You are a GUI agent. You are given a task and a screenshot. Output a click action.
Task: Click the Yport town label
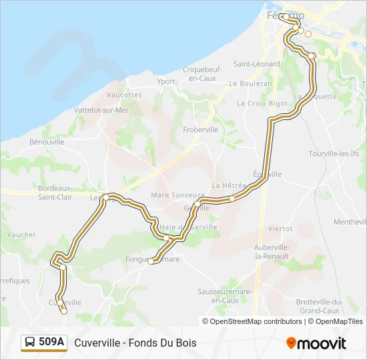tap(166, 82)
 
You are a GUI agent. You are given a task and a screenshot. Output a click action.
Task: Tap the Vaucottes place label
tap(124, 95)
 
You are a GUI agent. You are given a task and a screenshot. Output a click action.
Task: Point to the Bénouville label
tap(47, 142)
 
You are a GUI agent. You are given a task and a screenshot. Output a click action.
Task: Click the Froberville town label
tap(201, 130)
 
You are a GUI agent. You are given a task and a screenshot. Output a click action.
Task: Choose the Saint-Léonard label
tap(256, 64)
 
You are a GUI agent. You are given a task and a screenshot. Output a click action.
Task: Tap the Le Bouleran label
tap(250, 84)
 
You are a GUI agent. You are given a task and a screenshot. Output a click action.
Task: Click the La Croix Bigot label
tap(262, 103)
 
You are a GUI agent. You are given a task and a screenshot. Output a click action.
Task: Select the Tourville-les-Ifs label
tap(334, 153)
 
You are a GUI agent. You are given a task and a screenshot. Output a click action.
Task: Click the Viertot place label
tap(280, 228)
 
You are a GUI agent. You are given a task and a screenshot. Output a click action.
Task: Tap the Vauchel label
tap(21, 235)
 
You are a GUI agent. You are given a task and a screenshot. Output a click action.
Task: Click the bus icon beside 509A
tap(29, 343)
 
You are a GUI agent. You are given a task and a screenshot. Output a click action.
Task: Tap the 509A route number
tap(51, 343)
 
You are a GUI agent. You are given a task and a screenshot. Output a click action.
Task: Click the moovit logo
tap(316, 343)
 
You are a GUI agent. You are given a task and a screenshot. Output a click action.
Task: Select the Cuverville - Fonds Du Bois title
tap(135, 343)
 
